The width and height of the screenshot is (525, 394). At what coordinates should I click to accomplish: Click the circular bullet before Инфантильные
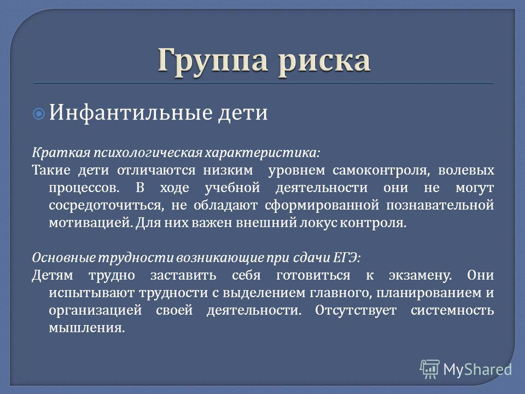[x=39, y=114]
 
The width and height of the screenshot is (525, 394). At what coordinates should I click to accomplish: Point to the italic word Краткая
[x=61, y=153]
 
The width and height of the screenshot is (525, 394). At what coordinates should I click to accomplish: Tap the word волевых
[x=466, y=170]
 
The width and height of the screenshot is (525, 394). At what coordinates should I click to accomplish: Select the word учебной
[x=232, y=188]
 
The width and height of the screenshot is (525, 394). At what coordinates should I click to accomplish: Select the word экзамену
[x=420, y=276]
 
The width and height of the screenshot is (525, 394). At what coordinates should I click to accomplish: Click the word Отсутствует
[x=355, y=310]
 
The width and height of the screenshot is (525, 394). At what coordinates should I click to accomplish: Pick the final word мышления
[x=87, y=328]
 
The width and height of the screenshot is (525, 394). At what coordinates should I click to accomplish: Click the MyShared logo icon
[x=430, y=369]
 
